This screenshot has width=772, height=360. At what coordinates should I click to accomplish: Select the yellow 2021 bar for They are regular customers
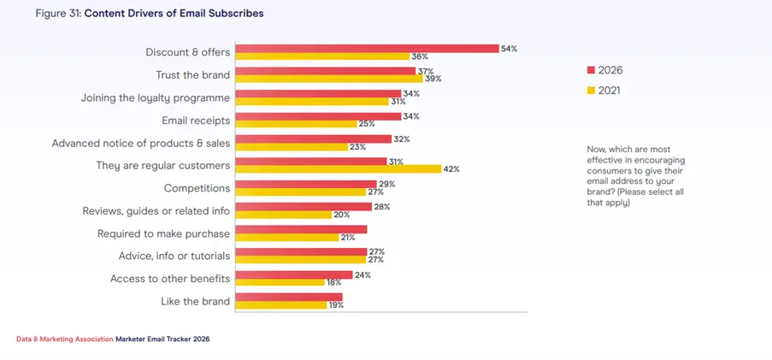tap(338, 168)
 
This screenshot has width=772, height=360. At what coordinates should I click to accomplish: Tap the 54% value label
tap(510, 49)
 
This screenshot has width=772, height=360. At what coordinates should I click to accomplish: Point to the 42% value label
tap(451, 168)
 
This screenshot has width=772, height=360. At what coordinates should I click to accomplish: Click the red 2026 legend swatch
tap(590, 69)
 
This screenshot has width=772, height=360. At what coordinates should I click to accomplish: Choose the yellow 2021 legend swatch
tap(590, 90)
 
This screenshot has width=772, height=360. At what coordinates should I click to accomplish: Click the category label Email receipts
tap(196, 120)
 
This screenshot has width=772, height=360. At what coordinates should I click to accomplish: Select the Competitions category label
tap(197, 187)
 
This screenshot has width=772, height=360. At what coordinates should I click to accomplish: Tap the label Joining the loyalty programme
tap(156, 97)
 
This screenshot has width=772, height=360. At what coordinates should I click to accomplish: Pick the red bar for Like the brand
tap(288, 297)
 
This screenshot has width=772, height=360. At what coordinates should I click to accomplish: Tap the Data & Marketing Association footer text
tap(64, 339)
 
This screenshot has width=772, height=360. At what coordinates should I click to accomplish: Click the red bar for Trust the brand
tap(325, 71)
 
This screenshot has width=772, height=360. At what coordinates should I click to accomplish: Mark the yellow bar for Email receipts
tap(295, 124)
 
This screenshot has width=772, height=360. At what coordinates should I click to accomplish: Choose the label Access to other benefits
tap(170, 278)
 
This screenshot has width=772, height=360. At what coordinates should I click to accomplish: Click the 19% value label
tap(336, 304)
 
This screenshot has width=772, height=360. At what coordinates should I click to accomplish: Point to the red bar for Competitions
tap(305, 184)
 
